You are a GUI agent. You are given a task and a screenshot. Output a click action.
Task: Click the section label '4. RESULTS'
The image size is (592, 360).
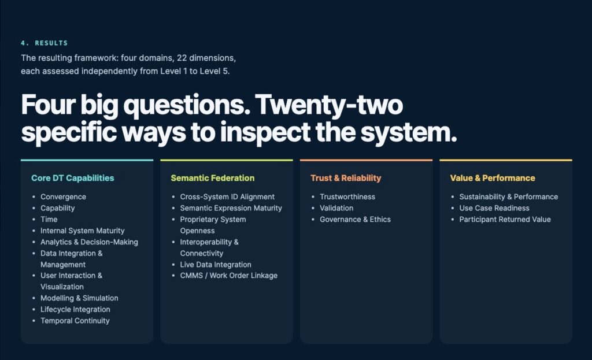click(x=44, y=43)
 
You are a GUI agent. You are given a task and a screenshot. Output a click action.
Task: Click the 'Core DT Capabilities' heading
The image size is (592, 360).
click(x=72, y=178)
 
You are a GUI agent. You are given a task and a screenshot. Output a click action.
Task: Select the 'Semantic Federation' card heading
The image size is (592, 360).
click(x=213, y=178)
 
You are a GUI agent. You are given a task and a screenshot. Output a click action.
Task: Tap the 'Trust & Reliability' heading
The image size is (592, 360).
click(x=346, y=178)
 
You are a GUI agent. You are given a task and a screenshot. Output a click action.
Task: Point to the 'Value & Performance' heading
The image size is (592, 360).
click(x=493, y=178)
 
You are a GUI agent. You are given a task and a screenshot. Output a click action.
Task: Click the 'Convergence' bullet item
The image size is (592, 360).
click(x=63, y=197)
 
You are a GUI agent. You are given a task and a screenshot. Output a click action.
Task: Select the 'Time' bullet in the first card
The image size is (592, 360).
click(x=49, y=220)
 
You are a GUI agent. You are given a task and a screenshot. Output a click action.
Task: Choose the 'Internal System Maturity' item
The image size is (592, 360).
click(x=82, y=231)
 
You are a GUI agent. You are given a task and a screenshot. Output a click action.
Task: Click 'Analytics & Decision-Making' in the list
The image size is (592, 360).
click(x=89, y=242)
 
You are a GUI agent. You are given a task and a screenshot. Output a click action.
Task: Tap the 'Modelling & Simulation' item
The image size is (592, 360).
click(x=79, y=298)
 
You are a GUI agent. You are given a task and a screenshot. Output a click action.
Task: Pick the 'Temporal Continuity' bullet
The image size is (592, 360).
click(x=75, y=321)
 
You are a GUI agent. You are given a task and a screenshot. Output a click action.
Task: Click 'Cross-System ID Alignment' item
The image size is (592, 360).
click(x=227, y=197)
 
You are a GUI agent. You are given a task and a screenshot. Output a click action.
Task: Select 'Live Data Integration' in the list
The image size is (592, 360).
click(x=216, y=265)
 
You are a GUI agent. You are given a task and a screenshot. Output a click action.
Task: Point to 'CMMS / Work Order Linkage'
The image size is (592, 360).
click(x=229, y=276)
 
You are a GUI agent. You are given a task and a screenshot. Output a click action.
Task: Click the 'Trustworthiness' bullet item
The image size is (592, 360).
click(x=347, y=197)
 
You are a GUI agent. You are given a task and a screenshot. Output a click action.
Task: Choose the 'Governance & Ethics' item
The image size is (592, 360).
click(x=356, y=220)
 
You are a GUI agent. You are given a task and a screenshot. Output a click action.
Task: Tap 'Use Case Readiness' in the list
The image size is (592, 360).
click(x=494, y=208)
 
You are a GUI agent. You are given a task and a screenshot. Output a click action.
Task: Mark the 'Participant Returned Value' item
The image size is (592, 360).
click(x=505, y=220)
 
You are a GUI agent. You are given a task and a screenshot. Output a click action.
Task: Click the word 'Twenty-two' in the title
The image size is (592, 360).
click(x=329, y=105)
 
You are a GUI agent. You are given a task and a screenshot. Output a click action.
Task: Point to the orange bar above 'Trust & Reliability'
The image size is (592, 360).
click(x=366, y=161)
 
